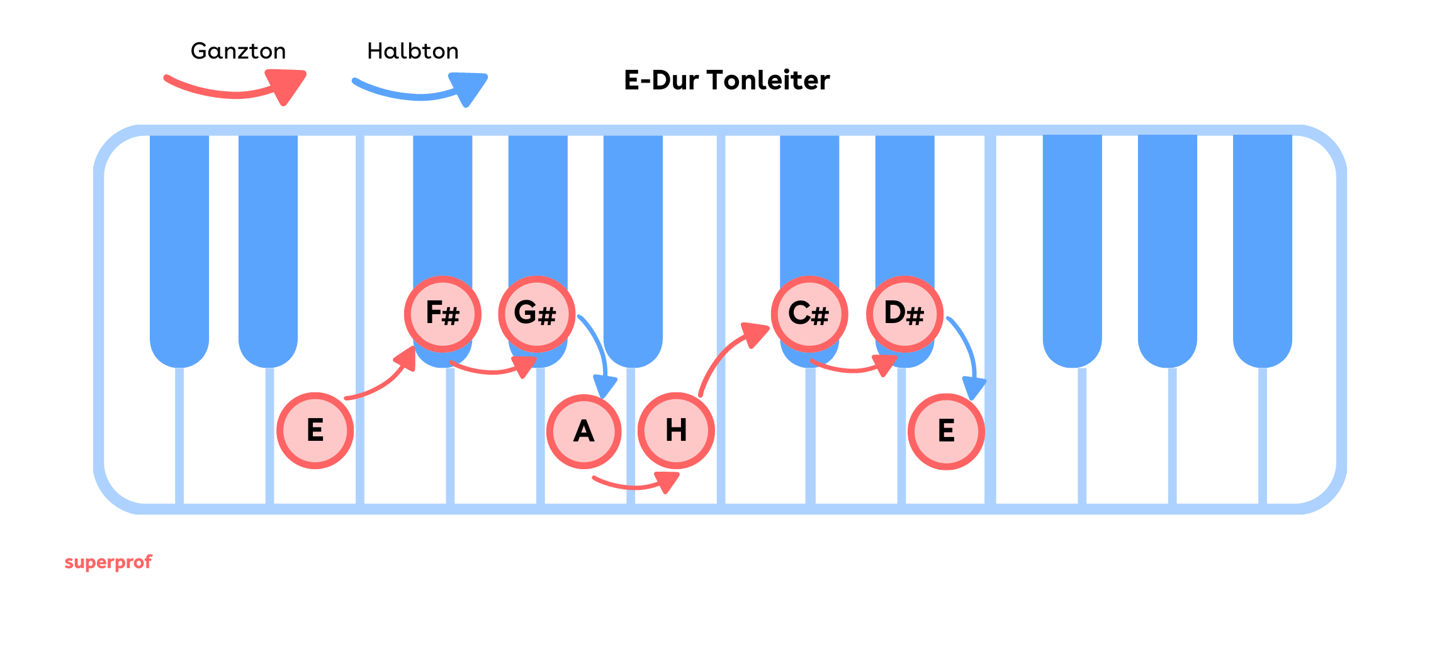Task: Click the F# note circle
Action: click(x=442, y=314)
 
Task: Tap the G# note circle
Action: click(x=536, y=314)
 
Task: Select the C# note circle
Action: click(x=809, y=314)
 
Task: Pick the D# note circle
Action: click(x=905, y=314)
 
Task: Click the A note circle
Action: click(x=584, y=432)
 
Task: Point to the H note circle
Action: click(x=676, y=431)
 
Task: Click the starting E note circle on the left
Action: click(x=315, y=431)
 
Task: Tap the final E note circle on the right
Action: click(x=946, y=432)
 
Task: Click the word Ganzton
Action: click(x=238, y=51)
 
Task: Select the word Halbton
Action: click(x=413, y=51)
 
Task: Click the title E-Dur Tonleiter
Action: click(x=726, y=81)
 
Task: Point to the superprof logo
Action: click(x=108, y=562)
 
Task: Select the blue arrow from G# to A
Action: click(x=598, y=353)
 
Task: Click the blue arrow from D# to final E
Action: click(x=967, y=353)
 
